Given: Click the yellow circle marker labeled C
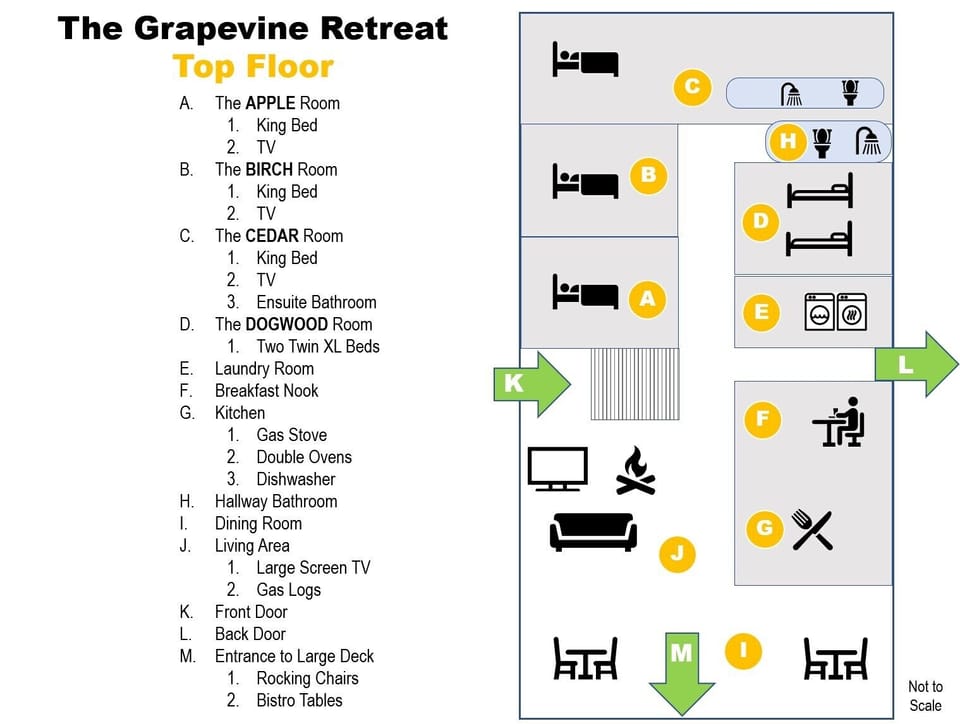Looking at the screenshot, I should (692, 87).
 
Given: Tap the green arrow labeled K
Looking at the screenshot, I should (531, 383).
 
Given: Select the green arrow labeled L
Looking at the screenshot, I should (916, 364).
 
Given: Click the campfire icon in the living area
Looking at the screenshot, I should (635, 471).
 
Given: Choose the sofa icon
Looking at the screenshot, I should (593, 531).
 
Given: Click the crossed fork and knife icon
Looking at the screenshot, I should (812, 529).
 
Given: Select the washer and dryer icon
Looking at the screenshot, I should (836, 312).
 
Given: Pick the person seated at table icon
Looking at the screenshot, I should (839, 421).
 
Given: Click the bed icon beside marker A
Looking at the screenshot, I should (585, 294).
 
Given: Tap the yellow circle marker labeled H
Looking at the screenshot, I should (788, 141).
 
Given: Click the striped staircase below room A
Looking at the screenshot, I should (635, 384).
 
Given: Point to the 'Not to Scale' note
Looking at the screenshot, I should (925, 695).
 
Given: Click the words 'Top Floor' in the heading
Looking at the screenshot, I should (253, 66).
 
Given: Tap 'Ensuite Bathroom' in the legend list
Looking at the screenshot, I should (316, 302).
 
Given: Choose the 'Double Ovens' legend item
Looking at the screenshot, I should (304, 457).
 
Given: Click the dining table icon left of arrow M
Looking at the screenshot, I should (585, 659).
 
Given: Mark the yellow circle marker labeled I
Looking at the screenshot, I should (742, 651).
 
